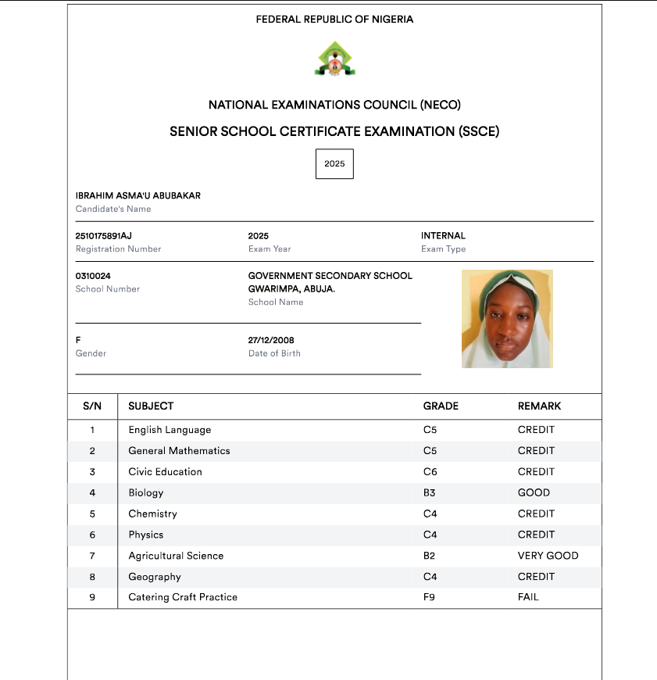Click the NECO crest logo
[x=334, y=59]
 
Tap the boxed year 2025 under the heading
[x=334, y=164]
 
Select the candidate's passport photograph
[x=507, y=319]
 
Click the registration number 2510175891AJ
[x=104, y=235]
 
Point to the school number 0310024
[x=93, y=276]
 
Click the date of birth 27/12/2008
[x=271, y=340]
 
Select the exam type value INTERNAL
[x=443, y=235]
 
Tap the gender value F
[x=78, y=340]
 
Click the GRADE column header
[x=441, y=406]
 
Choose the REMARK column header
[x=539, y=406]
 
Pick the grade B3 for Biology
[x=430, y=493]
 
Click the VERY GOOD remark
[x=548, y=556]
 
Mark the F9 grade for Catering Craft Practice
[x=430, y=597]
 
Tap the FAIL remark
[x=528, y=597]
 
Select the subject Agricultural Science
[x=176, y=556]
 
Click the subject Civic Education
[x=165, y=472]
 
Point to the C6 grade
[x=430, y=472]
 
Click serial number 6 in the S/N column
[x=92, y=535]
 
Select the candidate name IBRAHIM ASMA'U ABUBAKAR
[x=137, y=195]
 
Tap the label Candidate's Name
[x=113, y=209]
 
